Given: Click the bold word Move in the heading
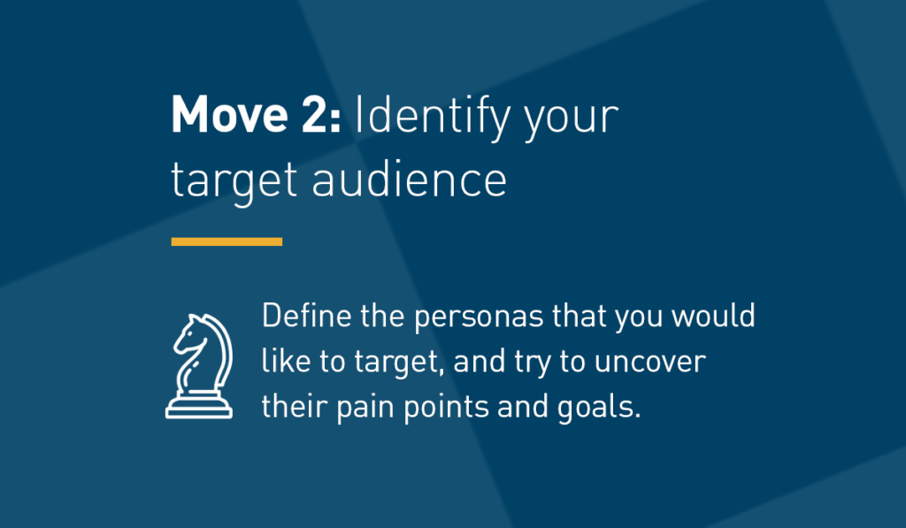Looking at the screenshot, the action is point(229,114).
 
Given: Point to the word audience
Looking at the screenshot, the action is point(409,179).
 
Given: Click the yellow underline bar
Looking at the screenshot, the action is point(226,241).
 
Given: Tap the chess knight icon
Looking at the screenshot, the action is point(199,366).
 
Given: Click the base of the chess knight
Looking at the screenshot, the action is point(199,407).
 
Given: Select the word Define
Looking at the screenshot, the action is point(306,316).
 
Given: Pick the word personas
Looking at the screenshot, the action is point(479,319).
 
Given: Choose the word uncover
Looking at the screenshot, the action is point(650,363).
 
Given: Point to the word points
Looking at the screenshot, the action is point(446,409).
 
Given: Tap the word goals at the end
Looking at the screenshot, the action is point(599,409).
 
